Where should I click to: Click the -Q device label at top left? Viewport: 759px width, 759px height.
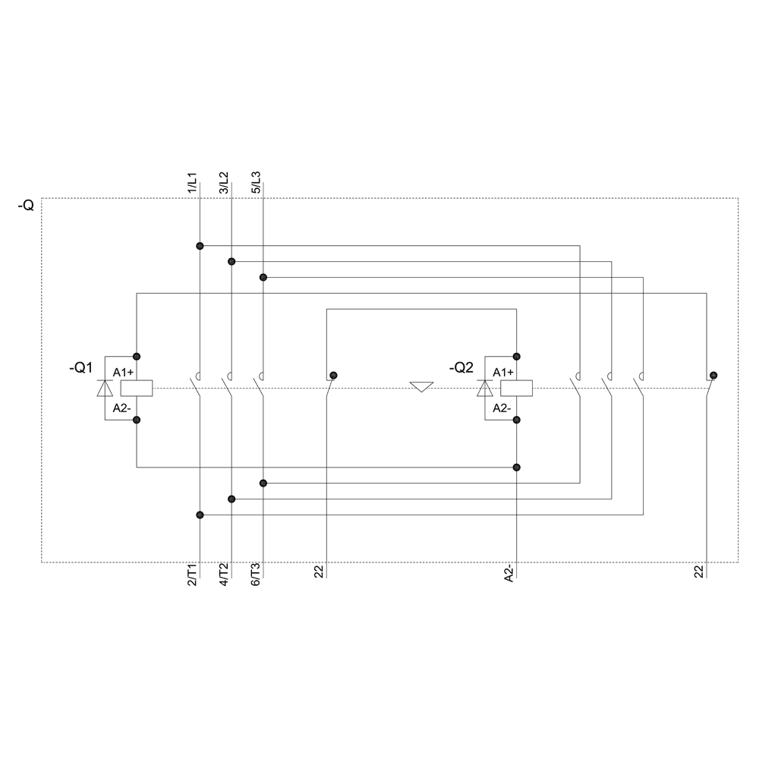tap(26, 206)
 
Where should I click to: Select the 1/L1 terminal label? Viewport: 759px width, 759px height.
tap(192, 184)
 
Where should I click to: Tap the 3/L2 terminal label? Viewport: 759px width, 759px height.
tap(224, 184)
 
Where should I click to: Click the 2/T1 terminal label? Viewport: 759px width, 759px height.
tap(192, 575)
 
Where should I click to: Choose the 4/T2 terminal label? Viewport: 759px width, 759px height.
tap(224, 575)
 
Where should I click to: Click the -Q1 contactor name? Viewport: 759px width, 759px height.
tap(80, 368)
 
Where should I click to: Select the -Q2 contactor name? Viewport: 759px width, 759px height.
tap(461, 368)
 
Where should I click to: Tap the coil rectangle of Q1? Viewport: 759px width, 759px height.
tap(137, 388)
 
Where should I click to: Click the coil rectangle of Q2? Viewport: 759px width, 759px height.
tap(516, 388)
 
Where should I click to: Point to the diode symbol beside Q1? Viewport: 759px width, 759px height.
tap(105, 388)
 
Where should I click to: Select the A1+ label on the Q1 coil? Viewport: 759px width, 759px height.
tap(123, 372)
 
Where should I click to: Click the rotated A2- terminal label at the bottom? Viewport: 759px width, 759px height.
tap(509, 575)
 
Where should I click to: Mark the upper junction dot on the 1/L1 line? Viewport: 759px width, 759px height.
tap(200, 245)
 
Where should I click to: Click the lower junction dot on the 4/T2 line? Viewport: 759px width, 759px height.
tap(231, 499)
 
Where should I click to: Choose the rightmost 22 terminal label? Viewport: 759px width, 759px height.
tap(699, 573)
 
